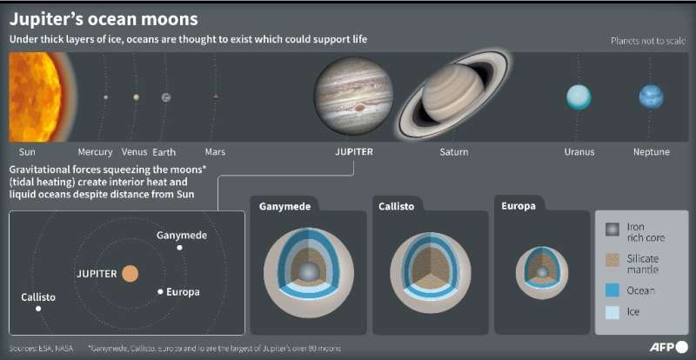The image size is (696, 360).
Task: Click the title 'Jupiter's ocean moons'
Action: [x=103, y=18]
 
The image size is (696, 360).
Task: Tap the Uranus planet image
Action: [x=579, y=97]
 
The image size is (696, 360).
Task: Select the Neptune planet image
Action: [x=651, y=97]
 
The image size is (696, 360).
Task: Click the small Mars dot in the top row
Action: [x=215, y=97]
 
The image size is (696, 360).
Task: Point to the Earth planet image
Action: [x=165, y=97]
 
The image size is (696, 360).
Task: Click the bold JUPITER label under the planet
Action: [x=354, y=151]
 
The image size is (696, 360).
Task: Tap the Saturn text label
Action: [x=453, y=151]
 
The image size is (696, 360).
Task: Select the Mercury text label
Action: [x=95, y=151]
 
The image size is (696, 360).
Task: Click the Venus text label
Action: [x=134, y=151]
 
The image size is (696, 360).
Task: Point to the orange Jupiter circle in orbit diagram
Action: [x=130, y=273]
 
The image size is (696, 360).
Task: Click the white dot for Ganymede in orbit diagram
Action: [x=179, y=248]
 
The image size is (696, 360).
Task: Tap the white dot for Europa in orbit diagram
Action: [x=160, y=291]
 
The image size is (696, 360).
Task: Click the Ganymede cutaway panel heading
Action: [x=284, y=206]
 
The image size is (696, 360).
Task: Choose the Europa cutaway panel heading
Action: [x=518, y=206]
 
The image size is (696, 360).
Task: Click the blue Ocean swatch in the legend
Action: [x=613, y=290]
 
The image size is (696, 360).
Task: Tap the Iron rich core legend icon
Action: [x=613, y=231]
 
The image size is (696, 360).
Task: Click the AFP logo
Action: [x=667, y=346]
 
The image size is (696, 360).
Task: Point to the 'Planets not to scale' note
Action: [x=649, y=41]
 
